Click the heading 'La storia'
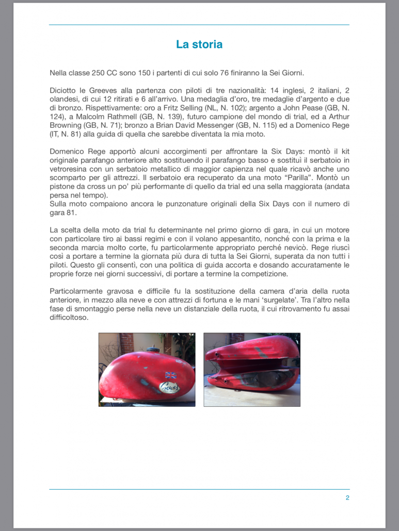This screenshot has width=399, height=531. [199, 44]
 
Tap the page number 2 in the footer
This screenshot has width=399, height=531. [347, 497]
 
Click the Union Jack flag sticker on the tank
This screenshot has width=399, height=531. [170, 375]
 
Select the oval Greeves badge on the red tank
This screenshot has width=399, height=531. [170, 387]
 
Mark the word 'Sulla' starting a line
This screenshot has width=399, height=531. [59, 204]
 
